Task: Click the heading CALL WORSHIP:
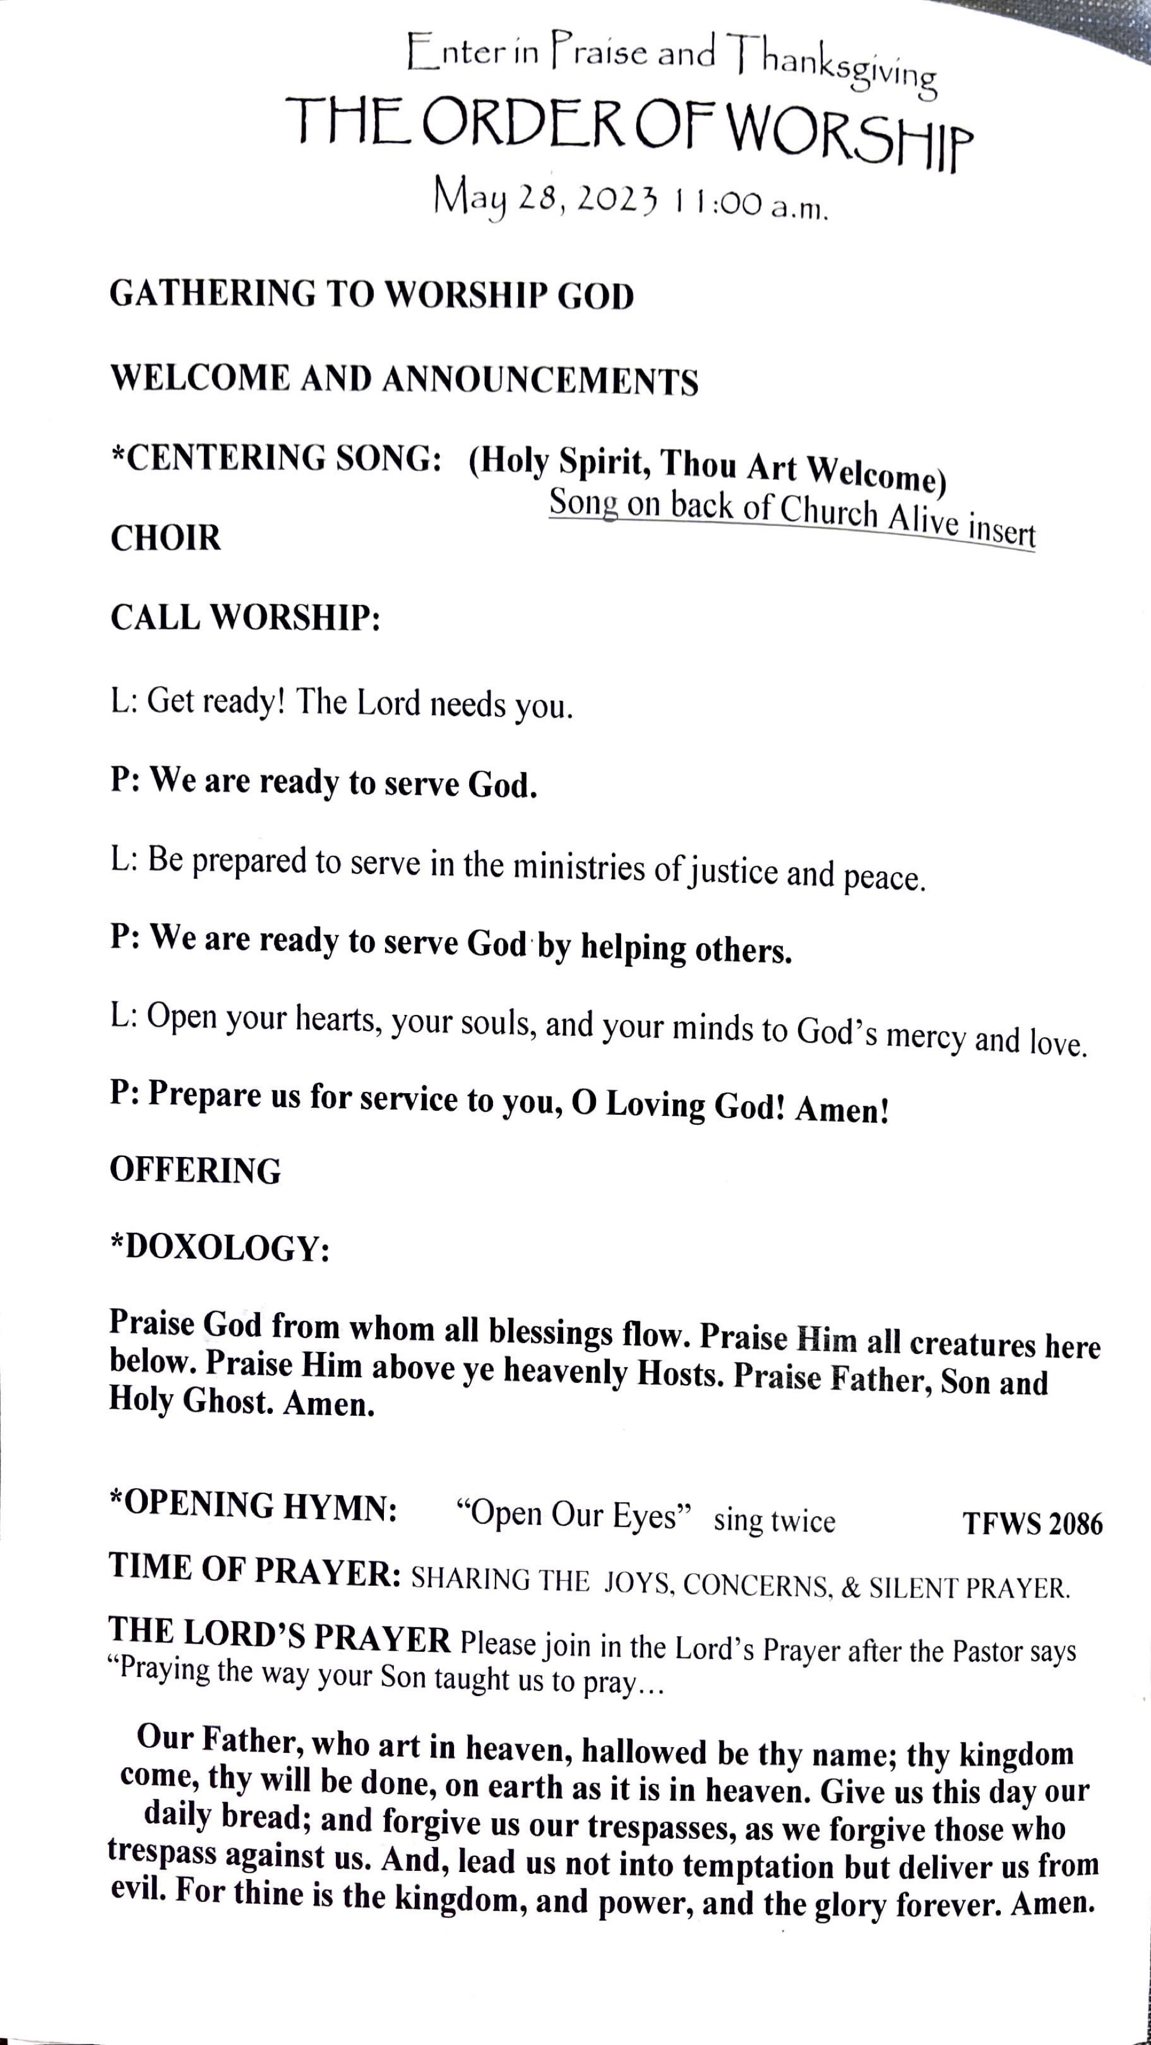(245, 618)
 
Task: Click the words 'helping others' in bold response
(686, 948)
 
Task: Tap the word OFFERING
(195, 1171)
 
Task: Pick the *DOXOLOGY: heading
(219, 1248)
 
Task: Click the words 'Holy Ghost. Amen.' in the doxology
(241, 1403)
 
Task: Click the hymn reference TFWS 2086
(1032, 1523)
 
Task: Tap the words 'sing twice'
(774, 1520)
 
